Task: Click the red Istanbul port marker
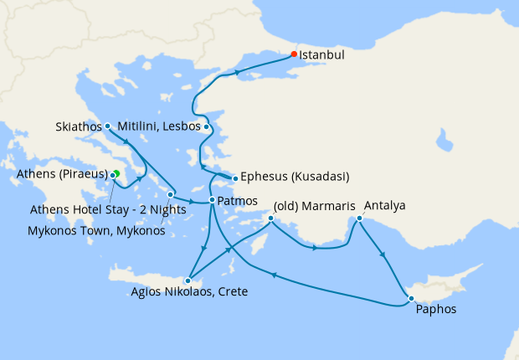[x=294, y=54]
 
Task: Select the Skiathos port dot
[x=108, y=126]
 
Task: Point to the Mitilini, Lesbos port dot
[x=207, y=127]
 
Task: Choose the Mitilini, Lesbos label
[x=160, y=126]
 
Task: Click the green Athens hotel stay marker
[x=116, y=173]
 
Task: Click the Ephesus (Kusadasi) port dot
[x=236, y=177]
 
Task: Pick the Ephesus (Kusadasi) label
[x=295, y=177]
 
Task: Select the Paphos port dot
[x=410, y=298]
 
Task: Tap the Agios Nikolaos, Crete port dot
[x=190, y=280]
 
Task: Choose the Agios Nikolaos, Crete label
[x=189, y=293]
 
